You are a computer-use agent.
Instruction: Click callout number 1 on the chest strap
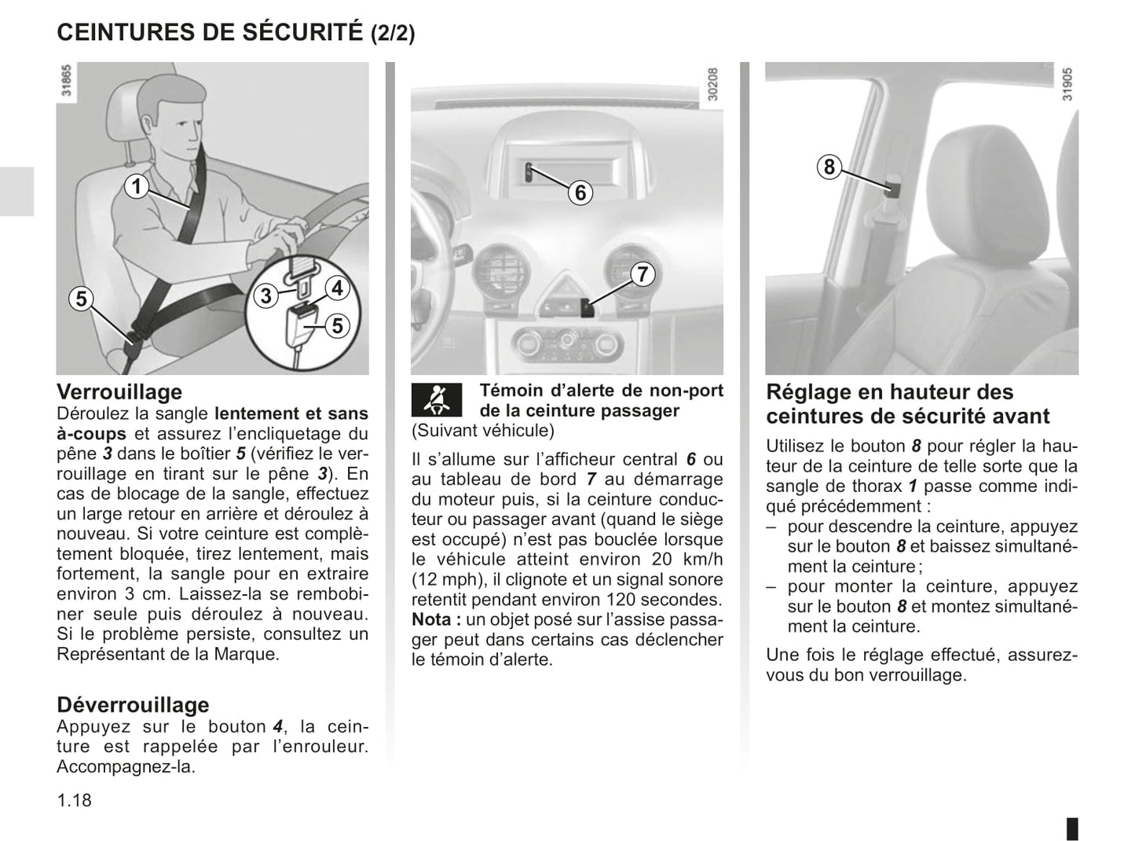(136, 187)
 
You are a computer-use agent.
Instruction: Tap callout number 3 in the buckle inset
(266, 296)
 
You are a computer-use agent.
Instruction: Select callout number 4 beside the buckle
(337, 288)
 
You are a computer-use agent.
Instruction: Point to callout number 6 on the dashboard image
(580, 193)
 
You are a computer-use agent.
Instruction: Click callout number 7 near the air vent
(643, 274)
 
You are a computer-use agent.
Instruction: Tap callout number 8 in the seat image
(829, 167)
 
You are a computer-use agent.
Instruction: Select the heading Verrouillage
(119, 391)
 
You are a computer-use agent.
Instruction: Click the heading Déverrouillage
(133, 704)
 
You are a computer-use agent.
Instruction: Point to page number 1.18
(74, 800)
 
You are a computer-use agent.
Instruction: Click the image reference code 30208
(712, 84)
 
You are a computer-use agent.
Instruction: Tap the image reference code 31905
(1067, 84)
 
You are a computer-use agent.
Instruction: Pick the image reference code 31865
(66, 81)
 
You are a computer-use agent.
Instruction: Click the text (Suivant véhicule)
(483, 430)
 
